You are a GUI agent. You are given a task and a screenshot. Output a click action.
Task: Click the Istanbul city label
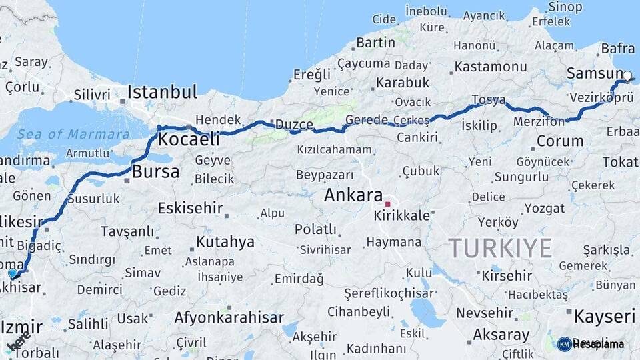pos(163,91)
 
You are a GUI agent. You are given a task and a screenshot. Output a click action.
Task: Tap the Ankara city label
pos(353,195)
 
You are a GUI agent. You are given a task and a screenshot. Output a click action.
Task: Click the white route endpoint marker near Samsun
pos(627,76)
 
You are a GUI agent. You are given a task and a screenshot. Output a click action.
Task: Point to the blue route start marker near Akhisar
pos(12,273)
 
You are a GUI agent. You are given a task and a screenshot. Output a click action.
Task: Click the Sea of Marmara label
pos(73,134)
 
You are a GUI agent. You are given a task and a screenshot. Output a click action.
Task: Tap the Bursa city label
pos(156,171)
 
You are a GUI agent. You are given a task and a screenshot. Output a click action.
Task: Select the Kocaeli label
pos(189,139)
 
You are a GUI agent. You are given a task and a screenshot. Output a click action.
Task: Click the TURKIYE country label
pos(500,248)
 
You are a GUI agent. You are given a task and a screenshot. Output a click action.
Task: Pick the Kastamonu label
pos(491,67)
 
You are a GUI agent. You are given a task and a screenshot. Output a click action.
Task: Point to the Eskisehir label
pos(190,208)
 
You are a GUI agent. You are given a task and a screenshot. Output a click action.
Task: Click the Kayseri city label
pos(605,316)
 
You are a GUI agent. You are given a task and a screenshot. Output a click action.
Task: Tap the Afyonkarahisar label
pos(229,317)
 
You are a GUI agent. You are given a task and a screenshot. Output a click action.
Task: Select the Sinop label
pos(565,7)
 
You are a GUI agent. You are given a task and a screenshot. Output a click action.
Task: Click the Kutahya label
pos(225,242)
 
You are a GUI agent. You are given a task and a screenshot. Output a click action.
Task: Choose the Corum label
pos(560,141)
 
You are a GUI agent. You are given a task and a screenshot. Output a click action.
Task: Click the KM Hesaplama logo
pos(591,344)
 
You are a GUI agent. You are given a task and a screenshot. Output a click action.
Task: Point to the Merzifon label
pos(539,122)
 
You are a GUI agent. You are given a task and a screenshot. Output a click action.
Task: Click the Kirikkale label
pos(401,217)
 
